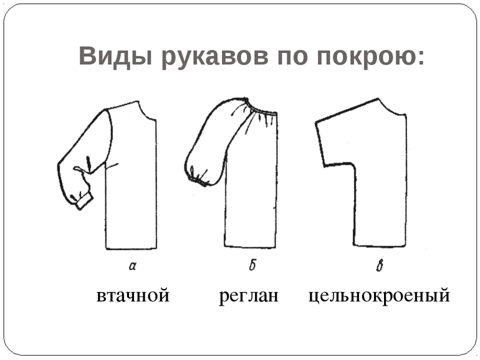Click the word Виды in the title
115,55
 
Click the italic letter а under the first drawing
133,266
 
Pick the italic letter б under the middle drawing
252,265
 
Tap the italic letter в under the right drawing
380,265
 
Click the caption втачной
133,296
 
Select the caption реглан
249,296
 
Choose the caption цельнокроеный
379,296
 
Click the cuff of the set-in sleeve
85,201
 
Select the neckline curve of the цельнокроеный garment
391,108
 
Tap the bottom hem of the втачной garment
131,249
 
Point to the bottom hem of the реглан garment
250,247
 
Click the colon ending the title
421,57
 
